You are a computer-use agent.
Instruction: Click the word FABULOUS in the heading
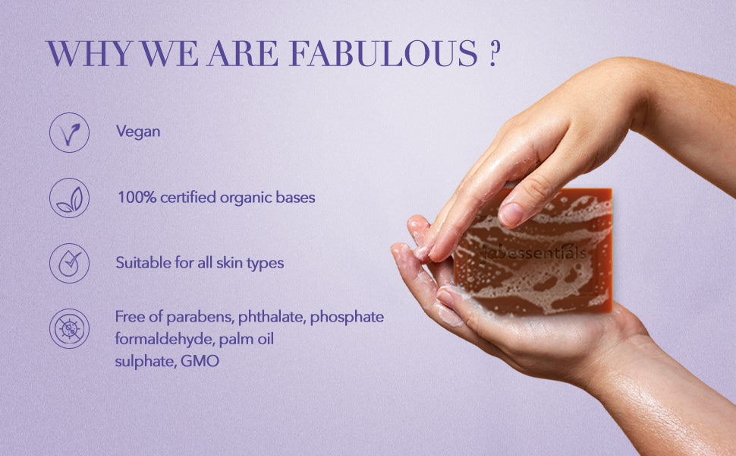click(383, 54)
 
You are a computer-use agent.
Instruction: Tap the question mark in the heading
click(492, 54)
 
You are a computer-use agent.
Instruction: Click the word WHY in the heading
click(89, 54)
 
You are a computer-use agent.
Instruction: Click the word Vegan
click(138, 131)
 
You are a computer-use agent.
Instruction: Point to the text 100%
click(137, 197)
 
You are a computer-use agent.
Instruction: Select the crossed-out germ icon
click(70, 328)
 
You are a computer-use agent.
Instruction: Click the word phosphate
click(347, 318)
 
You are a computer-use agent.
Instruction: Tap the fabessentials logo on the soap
click(534, 252)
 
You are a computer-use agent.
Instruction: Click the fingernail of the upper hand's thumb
click(511, 214)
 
